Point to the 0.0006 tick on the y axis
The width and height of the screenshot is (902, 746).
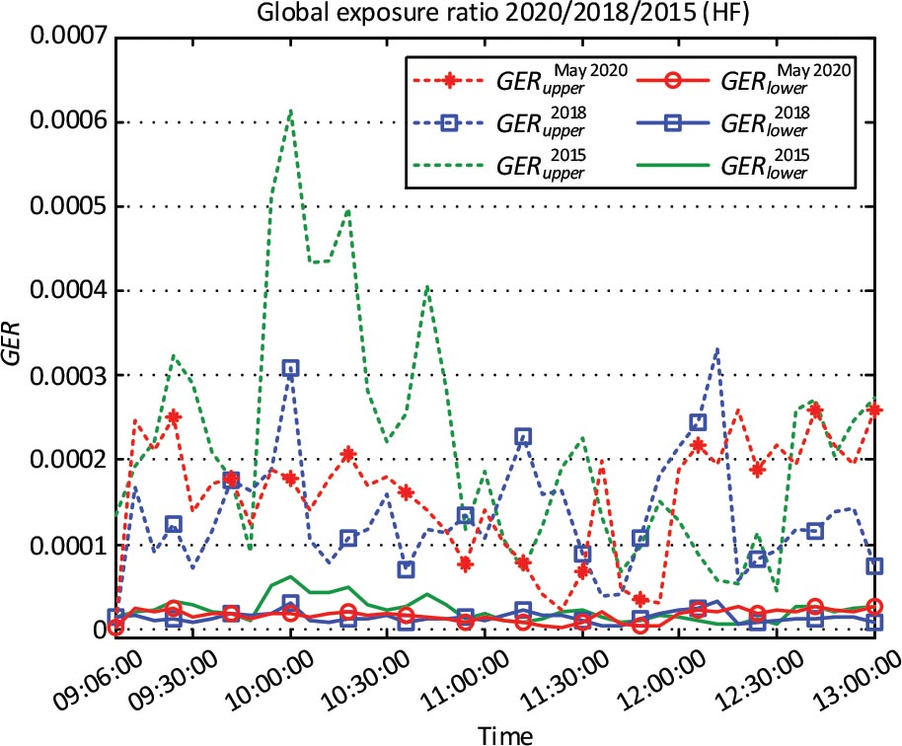tap(69, 122)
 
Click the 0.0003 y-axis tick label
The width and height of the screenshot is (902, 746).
tap(69, 375)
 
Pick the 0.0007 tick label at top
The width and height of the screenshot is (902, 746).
tap(69, 38)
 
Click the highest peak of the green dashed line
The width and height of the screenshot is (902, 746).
tap(290, 111)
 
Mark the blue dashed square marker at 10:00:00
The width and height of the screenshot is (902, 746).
tap(290, 368)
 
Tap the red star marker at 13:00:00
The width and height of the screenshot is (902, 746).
tap(875, 410)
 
